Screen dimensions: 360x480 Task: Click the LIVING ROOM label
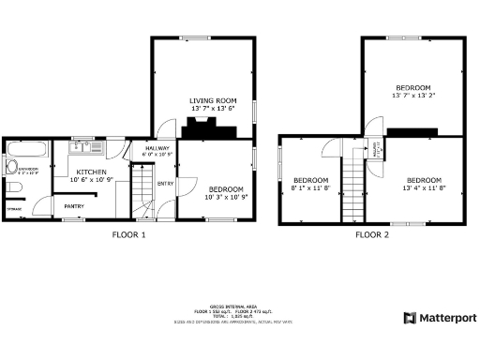(211, 99)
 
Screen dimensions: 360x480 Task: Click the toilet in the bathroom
(12, 187)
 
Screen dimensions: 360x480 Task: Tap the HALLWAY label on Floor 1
(157, 148)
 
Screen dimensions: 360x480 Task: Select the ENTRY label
(166, 184)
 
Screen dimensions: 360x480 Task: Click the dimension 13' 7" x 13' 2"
(412, 95)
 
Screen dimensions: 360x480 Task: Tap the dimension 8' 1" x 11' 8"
(310, 187)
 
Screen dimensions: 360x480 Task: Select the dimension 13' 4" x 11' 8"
(424, 187)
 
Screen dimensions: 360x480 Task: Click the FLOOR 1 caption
(128, 234)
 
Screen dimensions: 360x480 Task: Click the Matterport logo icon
(410, 318)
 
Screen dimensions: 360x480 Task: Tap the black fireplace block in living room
(198, 130)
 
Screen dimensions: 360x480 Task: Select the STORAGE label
(12, 209)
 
